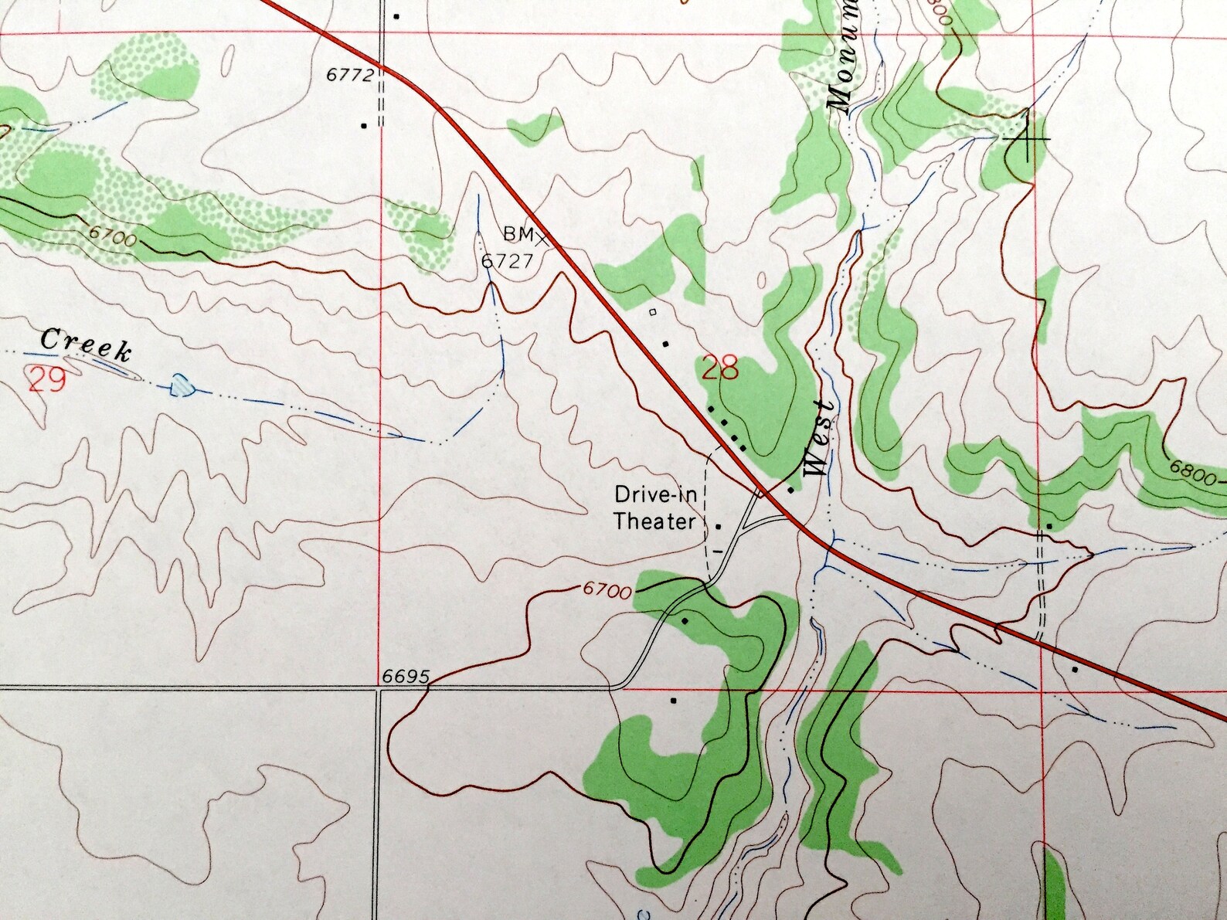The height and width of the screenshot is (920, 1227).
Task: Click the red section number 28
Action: click(719, 368)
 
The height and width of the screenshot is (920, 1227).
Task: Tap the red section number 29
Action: click(46, 380)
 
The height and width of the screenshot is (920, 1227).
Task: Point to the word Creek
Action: click(85, 345)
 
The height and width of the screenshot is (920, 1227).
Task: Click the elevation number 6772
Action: click(350, 75)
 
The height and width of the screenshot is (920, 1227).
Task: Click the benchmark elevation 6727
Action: click(507, 261)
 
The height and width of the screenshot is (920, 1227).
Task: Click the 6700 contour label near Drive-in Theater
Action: click(607, 590)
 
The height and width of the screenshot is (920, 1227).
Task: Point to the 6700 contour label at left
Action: click(112, 235)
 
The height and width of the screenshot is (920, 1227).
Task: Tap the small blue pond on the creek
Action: click(182, 384)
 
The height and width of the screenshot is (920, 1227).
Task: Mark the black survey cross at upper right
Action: click(1027, 138)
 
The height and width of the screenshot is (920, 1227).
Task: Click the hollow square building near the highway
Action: click(653, 313)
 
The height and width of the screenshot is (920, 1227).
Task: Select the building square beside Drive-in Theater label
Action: click(719, 526)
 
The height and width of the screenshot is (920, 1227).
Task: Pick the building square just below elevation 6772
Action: click(363, 124)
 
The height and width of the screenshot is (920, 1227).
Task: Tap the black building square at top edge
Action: click(396, 15)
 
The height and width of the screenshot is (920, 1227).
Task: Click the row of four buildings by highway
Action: click(727, 426)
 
